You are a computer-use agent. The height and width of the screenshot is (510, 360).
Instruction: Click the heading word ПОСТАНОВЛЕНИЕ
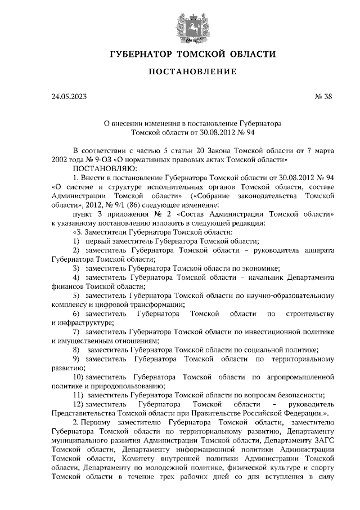[191, 72]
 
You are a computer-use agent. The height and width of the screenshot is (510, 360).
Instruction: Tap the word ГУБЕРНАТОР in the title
[139, 55]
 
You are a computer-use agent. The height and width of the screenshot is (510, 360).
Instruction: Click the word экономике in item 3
[260, 269]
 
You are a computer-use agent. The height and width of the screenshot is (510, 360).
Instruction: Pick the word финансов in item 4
[67, 287]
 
